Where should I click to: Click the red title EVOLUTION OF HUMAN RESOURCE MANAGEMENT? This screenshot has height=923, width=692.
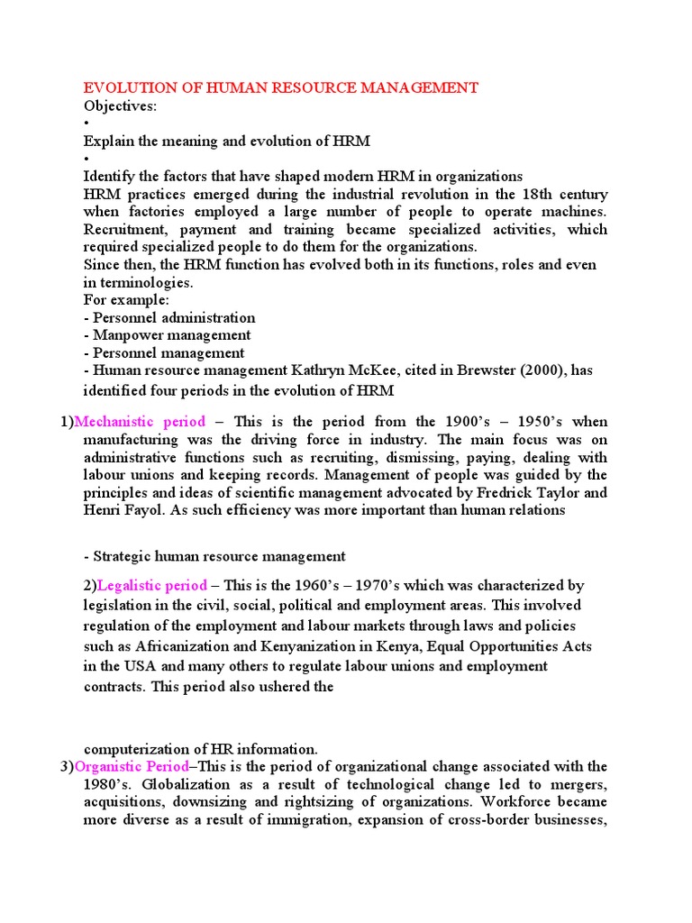pyautogui.click(x=280, y=87)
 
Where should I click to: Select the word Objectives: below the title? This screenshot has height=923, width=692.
pyautogui.click(x=120, y=106)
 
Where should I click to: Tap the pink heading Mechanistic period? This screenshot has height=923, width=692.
pyautogui.click(x=140, y=422)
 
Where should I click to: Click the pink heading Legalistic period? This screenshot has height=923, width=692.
pyautogui.click(x=151, y=585)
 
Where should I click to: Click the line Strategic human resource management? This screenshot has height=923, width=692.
pyautogui.click(x=214, y=556)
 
